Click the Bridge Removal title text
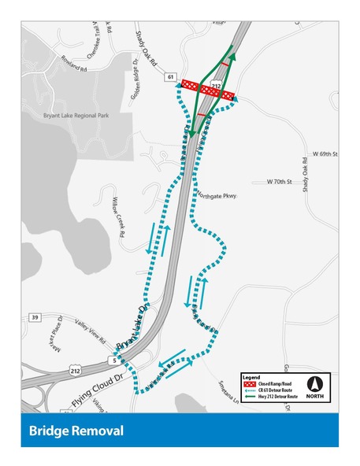click(76, 431)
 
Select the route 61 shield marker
click(170, 76)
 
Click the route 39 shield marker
click(35, 317)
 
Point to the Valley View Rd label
click(91, 335)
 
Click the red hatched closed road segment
click(208, 90)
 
